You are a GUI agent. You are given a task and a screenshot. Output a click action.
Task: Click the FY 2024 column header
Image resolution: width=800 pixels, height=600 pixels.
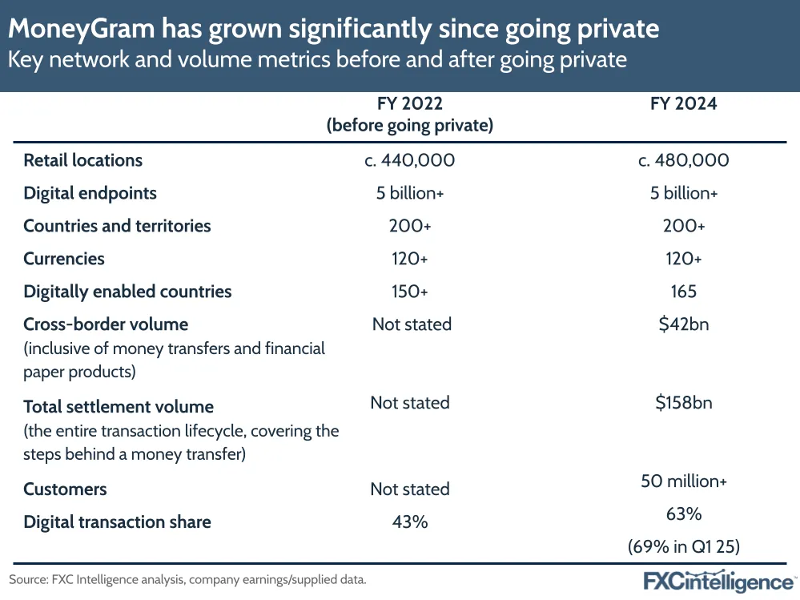[x=683, y=104]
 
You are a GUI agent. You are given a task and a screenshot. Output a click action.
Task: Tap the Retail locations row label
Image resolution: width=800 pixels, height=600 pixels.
[x=82, y=160]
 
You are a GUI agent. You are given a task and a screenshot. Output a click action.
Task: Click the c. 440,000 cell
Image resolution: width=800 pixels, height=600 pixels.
[x=409, y=160]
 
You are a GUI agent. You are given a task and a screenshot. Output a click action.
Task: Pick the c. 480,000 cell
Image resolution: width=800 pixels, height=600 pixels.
[x=683, y=160]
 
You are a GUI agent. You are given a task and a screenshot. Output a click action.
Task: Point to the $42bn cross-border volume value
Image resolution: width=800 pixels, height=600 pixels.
[x=683, y=324]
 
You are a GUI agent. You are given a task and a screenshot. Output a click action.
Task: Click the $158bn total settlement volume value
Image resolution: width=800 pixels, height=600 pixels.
[x=683, y=402]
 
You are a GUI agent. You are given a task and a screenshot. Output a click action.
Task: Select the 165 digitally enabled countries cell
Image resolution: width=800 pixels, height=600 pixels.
[x=683, y=292]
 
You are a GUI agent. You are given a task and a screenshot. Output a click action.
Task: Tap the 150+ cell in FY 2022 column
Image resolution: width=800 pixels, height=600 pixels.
[x=409, y=292]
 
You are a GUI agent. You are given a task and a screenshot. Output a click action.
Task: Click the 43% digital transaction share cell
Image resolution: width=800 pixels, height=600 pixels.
[x=409, y=522]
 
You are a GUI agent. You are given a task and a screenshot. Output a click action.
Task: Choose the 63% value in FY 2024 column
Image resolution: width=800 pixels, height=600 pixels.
[x=683, y=514]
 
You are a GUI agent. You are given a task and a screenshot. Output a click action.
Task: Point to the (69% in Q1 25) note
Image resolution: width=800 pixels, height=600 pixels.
[x=683, y=548]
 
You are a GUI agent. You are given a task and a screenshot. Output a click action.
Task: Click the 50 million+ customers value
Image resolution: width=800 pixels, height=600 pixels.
[x=683, y=481]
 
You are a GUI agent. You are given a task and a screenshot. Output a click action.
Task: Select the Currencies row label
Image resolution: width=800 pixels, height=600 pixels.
[x=64, y=259]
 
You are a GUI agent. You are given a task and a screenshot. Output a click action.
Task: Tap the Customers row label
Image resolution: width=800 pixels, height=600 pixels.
[x=65, y=489]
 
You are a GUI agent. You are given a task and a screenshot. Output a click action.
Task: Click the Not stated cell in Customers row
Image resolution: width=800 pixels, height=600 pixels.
[x=409, y=489]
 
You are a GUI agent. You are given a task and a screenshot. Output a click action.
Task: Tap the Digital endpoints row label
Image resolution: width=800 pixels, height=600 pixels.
[x=90, y=193]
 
